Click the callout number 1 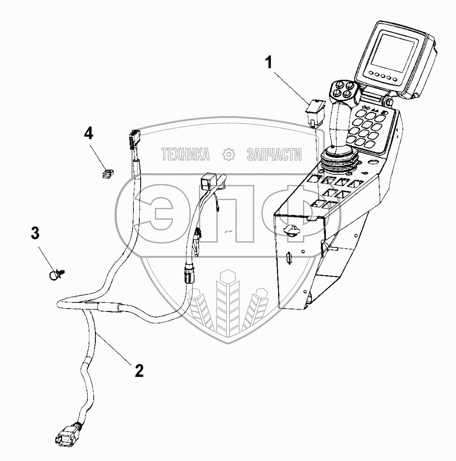(269, 63)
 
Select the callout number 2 (138, 370)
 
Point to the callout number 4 (88, 132)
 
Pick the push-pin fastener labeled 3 (57, 274)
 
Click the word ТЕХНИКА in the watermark (185, 154)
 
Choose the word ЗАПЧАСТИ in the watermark (274, 154)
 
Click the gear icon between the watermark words (229, 154)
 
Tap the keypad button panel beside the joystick (372, 125)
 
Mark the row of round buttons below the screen (383, 75)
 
